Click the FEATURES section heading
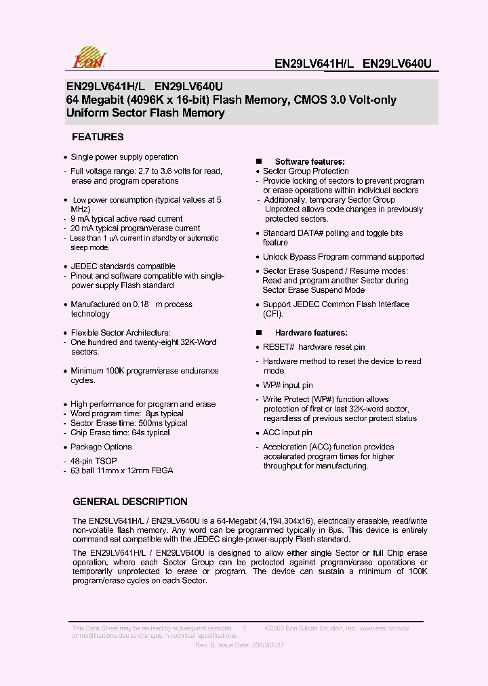point(98,137)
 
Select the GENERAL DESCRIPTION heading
point(129,502)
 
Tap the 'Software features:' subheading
point(309,162)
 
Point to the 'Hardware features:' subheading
point(310,333)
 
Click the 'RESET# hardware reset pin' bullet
point(314,347)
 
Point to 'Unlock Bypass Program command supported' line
point(343,257)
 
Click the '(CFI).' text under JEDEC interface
point(273,314)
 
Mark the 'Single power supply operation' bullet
point(124,157)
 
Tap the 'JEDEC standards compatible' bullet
point(123,266)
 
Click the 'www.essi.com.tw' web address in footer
point(383,628)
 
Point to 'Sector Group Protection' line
point(306,171)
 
